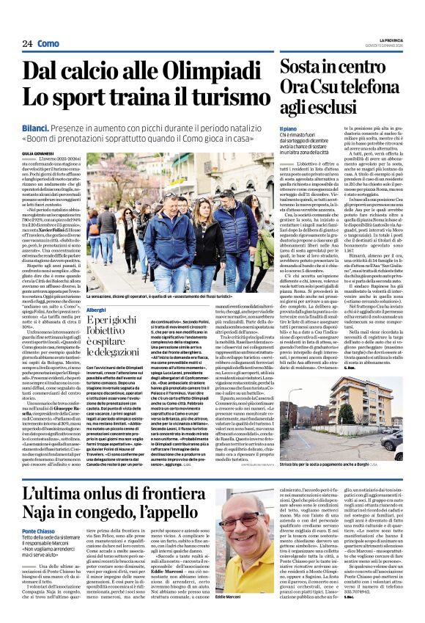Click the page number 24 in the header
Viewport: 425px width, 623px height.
coord(27,44)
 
